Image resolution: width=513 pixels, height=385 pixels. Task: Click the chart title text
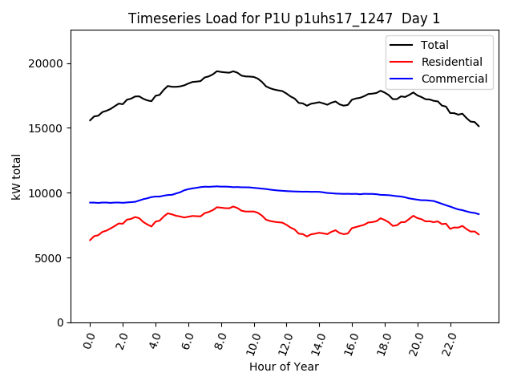pos(284,18)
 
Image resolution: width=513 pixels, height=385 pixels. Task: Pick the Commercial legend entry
pos(454,79)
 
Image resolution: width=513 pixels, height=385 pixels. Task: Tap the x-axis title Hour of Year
pos(284,367)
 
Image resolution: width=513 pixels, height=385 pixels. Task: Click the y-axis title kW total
pos(16,176)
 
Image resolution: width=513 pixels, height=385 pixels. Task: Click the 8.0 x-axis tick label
pos(220,341)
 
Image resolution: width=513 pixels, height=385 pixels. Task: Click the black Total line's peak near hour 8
pos(217,71)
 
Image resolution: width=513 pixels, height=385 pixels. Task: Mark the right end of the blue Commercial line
pos(479,214)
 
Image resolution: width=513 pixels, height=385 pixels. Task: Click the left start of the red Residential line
pos(90,240)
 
